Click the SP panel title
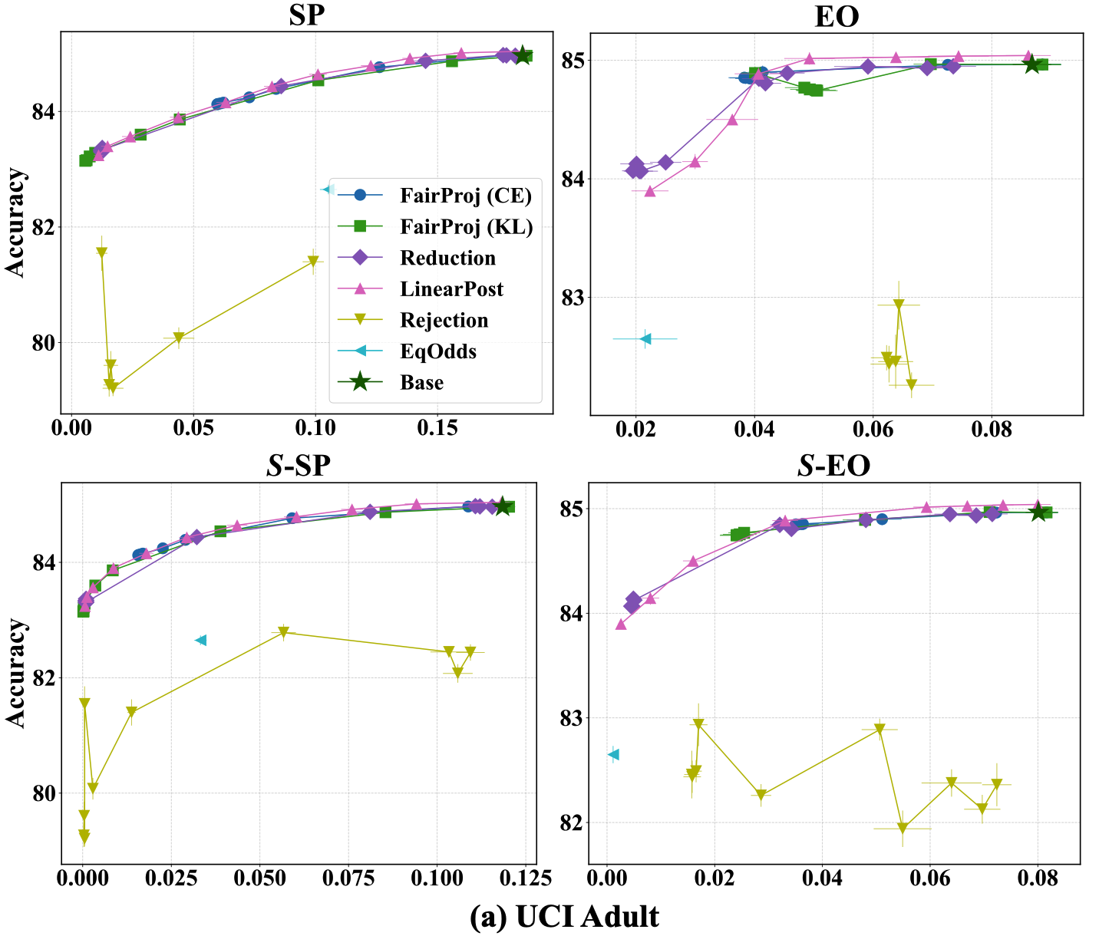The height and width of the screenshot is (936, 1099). (x=306, y=16)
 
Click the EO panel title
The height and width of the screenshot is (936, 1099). (x=837, y=17)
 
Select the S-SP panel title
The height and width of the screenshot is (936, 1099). (x=299, y=466)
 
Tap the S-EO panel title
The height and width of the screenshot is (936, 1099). (x=833, y=466)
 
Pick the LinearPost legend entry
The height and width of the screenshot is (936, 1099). (x=451, y=288)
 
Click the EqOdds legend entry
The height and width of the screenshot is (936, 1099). (x=438, y=351)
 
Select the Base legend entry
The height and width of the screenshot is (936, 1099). (x=421, y=382)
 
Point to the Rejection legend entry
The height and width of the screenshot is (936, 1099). (x=444, y=320)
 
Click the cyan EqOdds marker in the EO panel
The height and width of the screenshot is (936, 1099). (x=645, y=338)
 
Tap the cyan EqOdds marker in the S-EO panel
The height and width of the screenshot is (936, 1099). (x=613, y=754)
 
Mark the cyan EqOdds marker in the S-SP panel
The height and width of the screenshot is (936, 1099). (x=201, y=640)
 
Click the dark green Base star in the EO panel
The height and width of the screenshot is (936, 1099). (x=1032, y=64)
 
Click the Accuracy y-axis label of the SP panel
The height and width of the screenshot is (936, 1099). (x=15, y=222)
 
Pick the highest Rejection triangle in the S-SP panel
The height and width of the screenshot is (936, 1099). (x=283, y=632)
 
